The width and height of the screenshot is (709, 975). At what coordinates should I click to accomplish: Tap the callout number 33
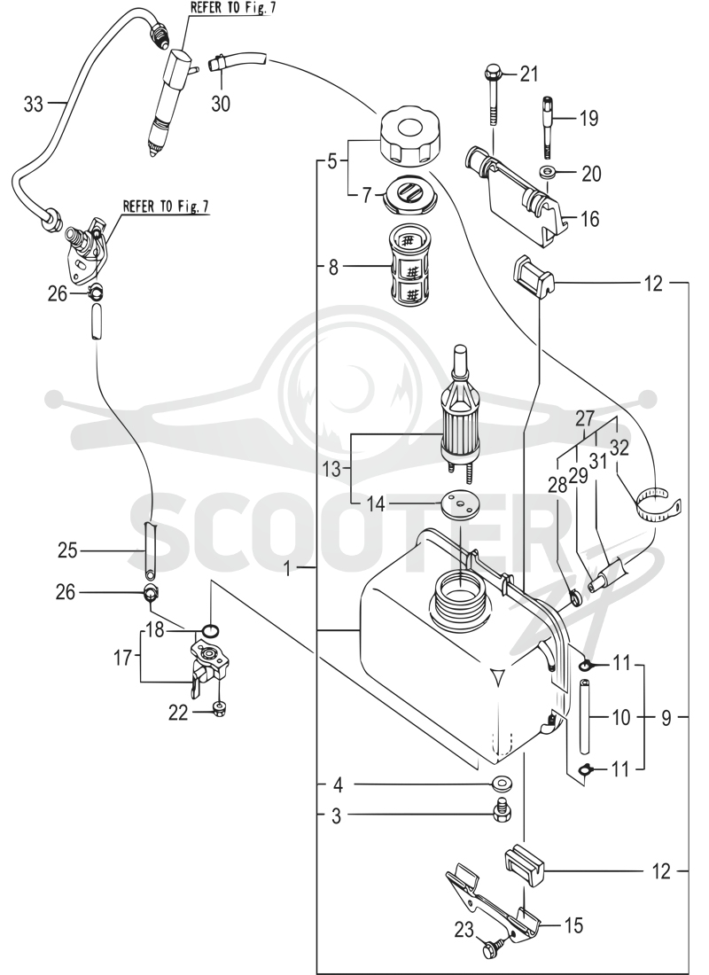pyautogui.click(x=34, y=104)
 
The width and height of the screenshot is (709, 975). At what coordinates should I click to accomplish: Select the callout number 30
pyautogui.click(x=220, y=103)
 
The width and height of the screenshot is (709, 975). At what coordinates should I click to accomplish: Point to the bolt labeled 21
pyautogui.click(x=493, y=93)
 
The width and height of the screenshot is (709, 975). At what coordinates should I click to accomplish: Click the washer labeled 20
pyautogui.click(x=548, y=172)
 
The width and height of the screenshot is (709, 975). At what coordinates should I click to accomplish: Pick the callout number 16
pyautogui.click(x=589, y=219)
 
